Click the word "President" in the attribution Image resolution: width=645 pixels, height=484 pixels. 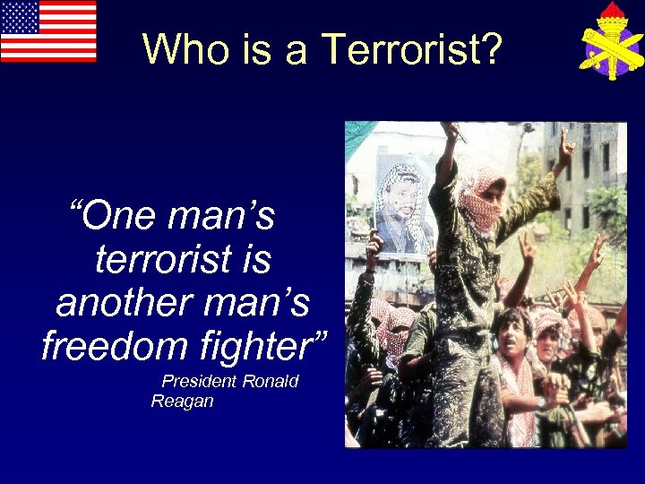coord(201,381)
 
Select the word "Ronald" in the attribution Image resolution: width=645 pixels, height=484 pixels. coord(271,381)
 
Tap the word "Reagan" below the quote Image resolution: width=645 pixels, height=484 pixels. coord(182,401)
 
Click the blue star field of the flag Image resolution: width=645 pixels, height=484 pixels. coord(19,16)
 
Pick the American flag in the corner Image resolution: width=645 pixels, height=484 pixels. coord(48,31)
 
